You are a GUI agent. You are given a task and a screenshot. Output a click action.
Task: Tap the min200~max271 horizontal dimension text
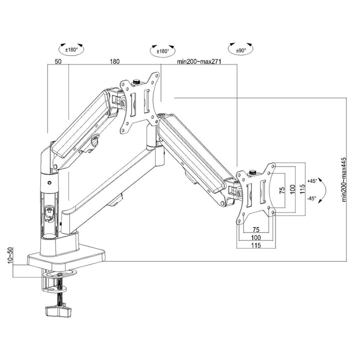click(x=199, y=62)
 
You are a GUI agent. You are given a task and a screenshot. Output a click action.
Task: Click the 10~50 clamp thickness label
click(x=9, y=256)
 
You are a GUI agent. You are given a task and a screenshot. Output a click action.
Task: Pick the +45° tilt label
click(x=313, y=180)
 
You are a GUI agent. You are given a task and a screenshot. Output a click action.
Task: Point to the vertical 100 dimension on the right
click(x=292, y=190)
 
